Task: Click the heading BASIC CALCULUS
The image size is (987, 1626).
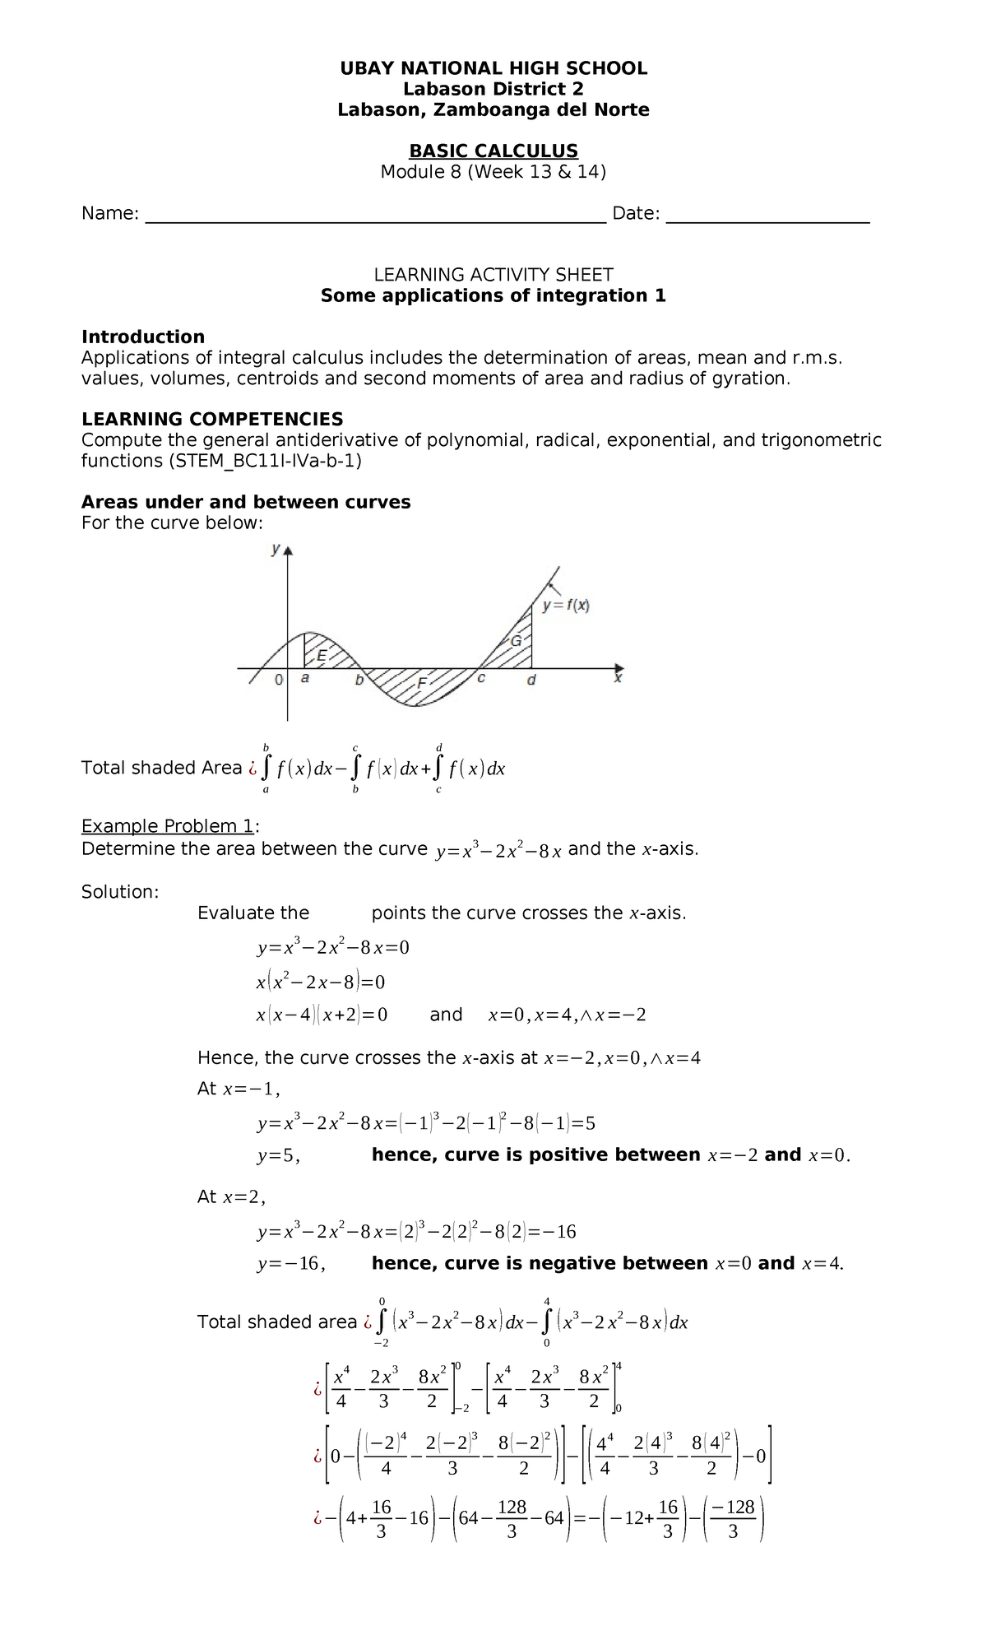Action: (x=493, y=151)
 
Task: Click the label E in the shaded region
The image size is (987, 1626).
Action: (x=322, y=655)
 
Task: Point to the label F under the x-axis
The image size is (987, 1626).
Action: (x=421, y=683)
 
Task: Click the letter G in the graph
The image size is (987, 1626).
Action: (x=517, y=641)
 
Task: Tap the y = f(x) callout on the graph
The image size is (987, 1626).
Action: (x=566, y=606)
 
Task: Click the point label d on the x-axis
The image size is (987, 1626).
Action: (x=531, y=681)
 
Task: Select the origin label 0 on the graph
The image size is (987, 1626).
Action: (x=279, y=681)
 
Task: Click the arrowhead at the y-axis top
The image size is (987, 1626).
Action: (x=288, y=551)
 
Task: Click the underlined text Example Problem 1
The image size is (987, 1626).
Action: (x=168, y=826)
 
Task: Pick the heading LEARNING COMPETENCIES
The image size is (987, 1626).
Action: (x=212, y=419)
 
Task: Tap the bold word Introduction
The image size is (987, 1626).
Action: (x=143, y=337)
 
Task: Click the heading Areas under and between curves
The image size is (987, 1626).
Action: (x=246, y=502)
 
